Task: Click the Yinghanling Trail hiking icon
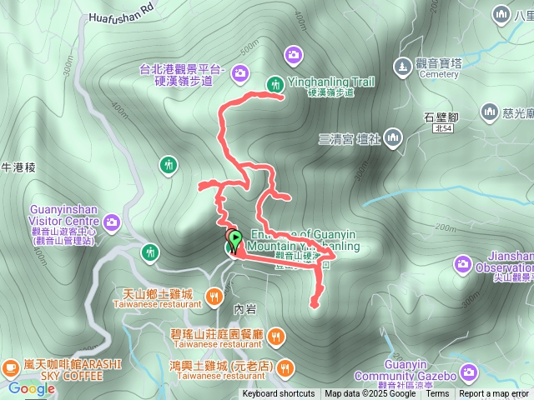point(275,83)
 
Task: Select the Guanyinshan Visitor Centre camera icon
point(112,222)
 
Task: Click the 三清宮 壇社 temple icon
point(392,137)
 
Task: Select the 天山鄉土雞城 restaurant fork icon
point(214,294)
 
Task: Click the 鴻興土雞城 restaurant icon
point(286,367)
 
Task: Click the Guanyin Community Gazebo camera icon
point(468,371)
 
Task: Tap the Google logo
point(32,388)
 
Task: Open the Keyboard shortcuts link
point(279,394)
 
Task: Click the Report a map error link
point(495,394)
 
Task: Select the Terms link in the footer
point(437,394)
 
